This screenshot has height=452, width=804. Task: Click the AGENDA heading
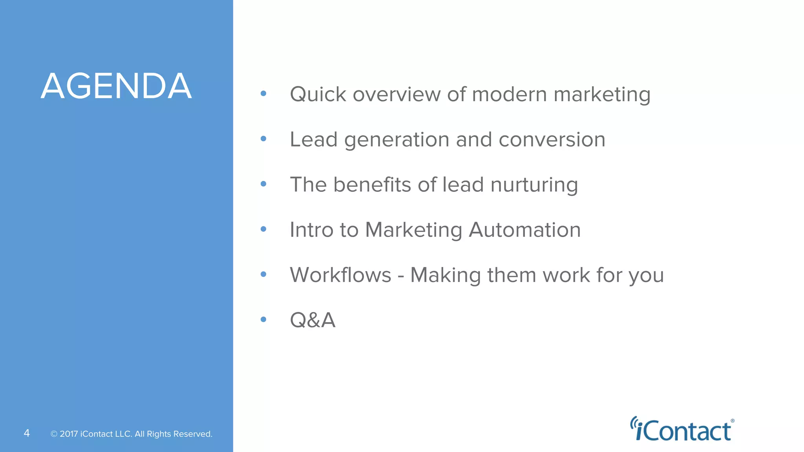click(x=116, y=86)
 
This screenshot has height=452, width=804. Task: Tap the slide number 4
click(x=27, y=433)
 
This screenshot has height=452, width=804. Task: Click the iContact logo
click(x=682, y=430)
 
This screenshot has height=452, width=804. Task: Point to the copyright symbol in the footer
click(x=54, y=434)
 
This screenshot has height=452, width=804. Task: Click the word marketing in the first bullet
click(x=602, y=95)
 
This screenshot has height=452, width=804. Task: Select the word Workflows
click(x=340, y=275)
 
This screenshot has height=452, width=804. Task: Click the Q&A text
click(x=312, y=320)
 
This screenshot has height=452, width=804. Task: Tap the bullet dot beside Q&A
click(x=263, y=319)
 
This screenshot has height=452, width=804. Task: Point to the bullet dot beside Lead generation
click(x=263, y=139)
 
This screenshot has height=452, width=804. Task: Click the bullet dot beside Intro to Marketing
click(x=263, y=229)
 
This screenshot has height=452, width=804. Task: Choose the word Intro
click(x=312, y=230)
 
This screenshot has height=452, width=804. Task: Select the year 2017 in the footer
click(x=69, y=434)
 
